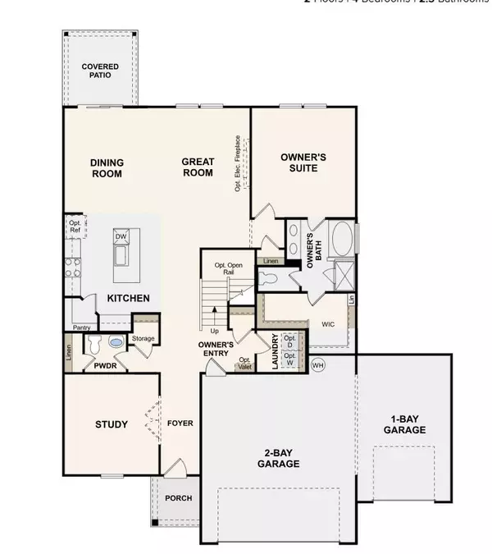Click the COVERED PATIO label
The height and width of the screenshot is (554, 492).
100,71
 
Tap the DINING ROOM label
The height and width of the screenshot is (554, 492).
106,168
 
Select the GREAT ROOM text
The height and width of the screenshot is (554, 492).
197,167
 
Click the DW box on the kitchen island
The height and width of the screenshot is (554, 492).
121,236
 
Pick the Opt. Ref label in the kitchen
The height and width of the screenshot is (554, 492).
75,227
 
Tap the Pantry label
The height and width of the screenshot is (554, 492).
80,327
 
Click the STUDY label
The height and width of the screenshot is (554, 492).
111,424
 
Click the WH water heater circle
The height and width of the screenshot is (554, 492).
318,366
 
